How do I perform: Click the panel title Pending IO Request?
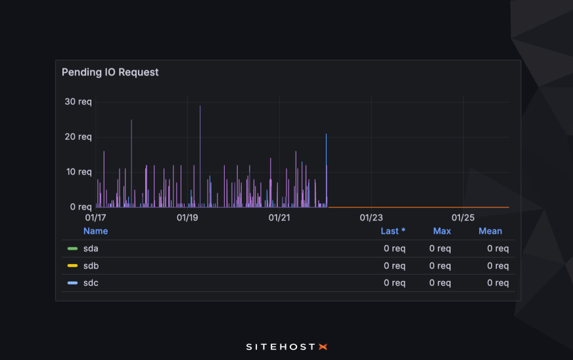pos(110,72)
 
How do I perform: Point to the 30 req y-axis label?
pos(78,102)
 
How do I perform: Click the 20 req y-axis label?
pos(78,137)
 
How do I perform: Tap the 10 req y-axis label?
pos(78,171)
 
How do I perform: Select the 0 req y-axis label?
pos(81,206)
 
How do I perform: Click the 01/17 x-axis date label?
pos(95,217)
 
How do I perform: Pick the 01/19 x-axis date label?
pos(187,217)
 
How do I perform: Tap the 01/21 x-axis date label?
pos(279,217)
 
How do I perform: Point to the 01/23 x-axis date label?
pos(371,217)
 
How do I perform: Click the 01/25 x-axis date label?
pos(463,217)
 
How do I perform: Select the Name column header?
pos(95,231)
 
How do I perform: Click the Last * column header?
pos(393,231)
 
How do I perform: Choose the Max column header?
pos(442,231)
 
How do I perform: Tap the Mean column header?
pos(490,231)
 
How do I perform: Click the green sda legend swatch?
pos(72,249)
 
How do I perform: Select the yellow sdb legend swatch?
pos(72,266)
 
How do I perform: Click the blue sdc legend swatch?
pos(72,283)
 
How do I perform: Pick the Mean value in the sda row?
pos(497,249)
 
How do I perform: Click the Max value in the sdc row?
pos(440,283)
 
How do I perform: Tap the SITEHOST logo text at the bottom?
pos(281,346)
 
